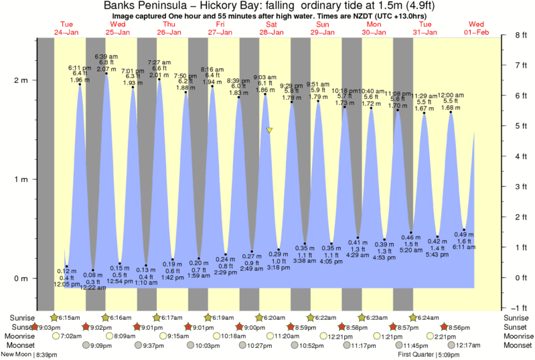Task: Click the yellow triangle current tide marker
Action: pos(269,130)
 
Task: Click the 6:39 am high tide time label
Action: pos(106,57)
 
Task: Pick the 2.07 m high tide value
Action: pos(106,69)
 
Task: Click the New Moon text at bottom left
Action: pos(15,355)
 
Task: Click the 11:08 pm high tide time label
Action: pos(398,94)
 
